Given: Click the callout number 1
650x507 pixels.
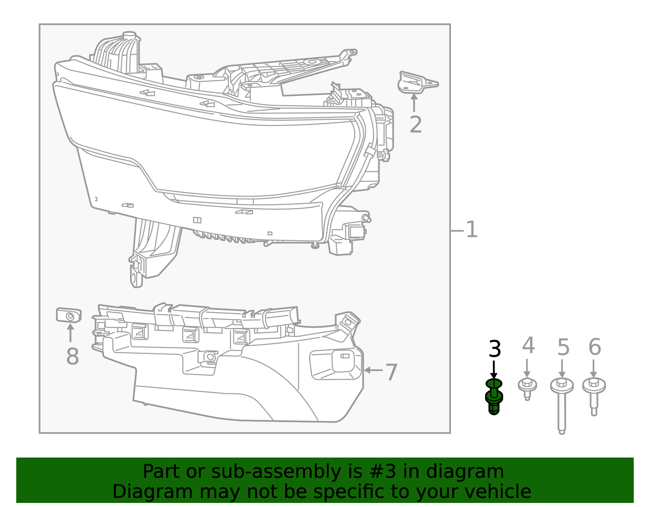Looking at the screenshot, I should tap(471, 230).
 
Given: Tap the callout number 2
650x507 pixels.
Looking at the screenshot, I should tap(415, 125).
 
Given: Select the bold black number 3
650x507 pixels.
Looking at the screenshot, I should tap(494, 349).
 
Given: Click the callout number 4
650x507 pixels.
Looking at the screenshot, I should tap(528, 346).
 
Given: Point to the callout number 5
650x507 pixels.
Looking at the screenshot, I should tap(563, 347).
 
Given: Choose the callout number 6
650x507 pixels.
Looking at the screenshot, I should tap(594, 347).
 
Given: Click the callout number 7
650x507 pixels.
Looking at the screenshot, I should tap(391, 372).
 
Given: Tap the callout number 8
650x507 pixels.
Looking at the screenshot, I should tap(72, 357).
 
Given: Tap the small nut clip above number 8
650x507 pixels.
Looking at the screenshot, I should tap(69, 315).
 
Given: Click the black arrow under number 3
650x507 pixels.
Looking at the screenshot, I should tap(494, 370).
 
